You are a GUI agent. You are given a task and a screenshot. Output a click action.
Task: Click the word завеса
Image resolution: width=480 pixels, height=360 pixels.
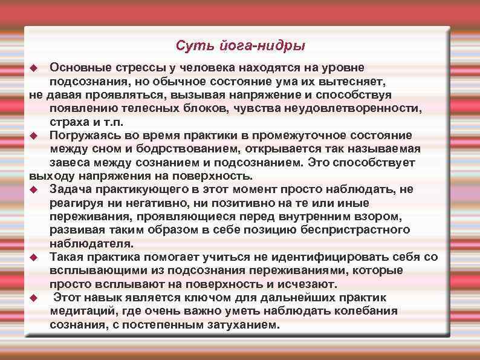coord(70,162)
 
